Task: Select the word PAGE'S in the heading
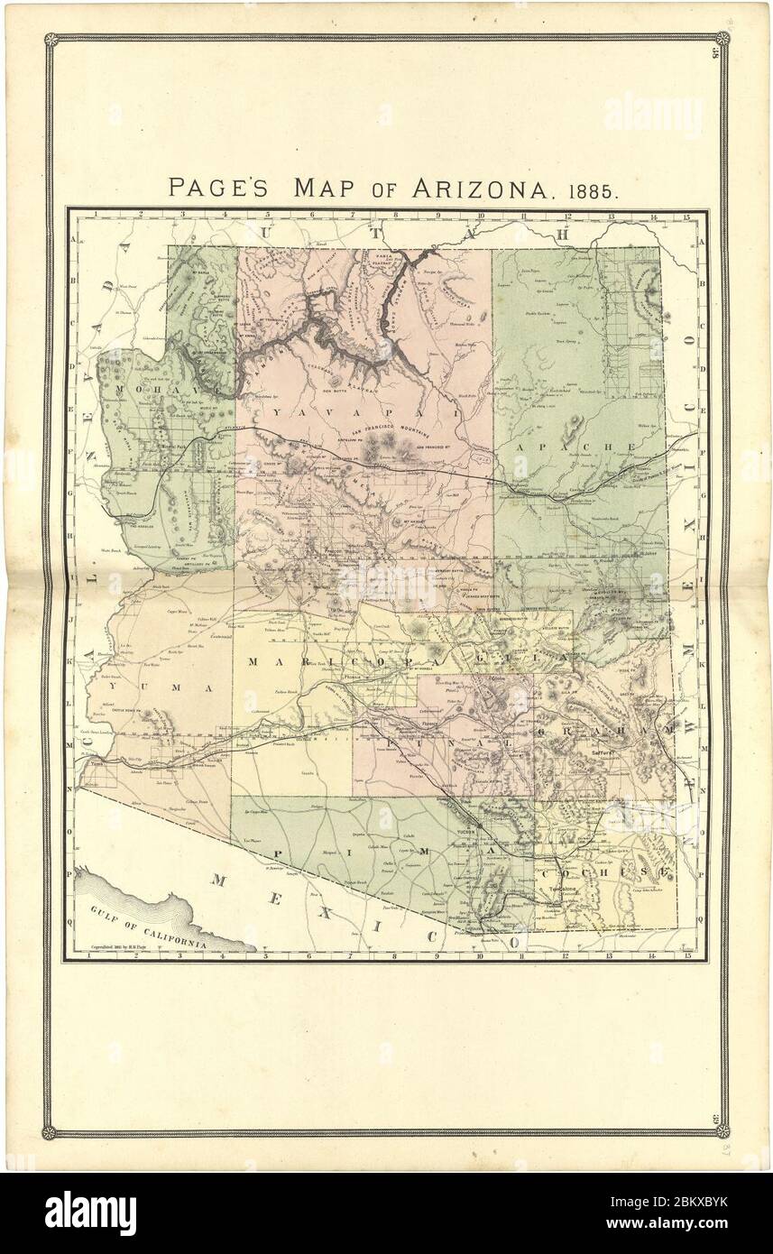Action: click(225, 188)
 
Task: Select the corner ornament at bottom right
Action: click(722, 1131)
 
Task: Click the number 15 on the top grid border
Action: click(686, 216)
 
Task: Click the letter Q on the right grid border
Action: click(701, 922)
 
